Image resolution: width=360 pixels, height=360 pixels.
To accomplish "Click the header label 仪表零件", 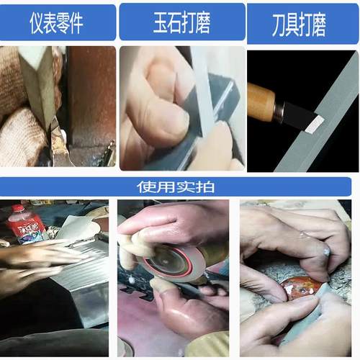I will tap(57, 24).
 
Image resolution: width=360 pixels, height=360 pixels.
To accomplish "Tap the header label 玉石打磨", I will tap(182, 24).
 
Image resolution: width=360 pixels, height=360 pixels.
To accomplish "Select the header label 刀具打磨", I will tap(300, 24).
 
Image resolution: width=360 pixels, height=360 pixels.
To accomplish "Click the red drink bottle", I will tap(26, 225).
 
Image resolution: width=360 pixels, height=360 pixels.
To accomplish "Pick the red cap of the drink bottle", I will tap(15, 209).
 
